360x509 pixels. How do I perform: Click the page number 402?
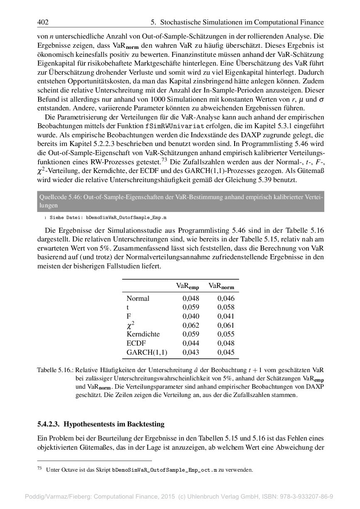(x=43, y=22)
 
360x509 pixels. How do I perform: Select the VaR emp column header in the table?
(x=187, y=286)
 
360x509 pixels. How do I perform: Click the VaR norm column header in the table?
(x=221, y=286)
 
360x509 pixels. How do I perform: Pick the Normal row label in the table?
(x=138, y=298)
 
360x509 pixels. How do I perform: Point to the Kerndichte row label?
(x=143, y=334)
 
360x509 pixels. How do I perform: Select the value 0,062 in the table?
(x=191, y=325)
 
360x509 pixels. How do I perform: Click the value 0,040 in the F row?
(x=191, y=316)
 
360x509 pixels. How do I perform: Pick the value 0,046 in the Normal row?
(x=226, y=298)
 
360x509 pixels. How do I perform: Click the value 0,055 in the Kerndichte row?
(x=226, y=334)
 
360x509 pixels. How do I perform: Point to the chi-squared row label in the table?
(x=130, y=325)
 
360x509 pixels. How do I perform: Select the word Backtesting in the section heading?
(x=143, y=424)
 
